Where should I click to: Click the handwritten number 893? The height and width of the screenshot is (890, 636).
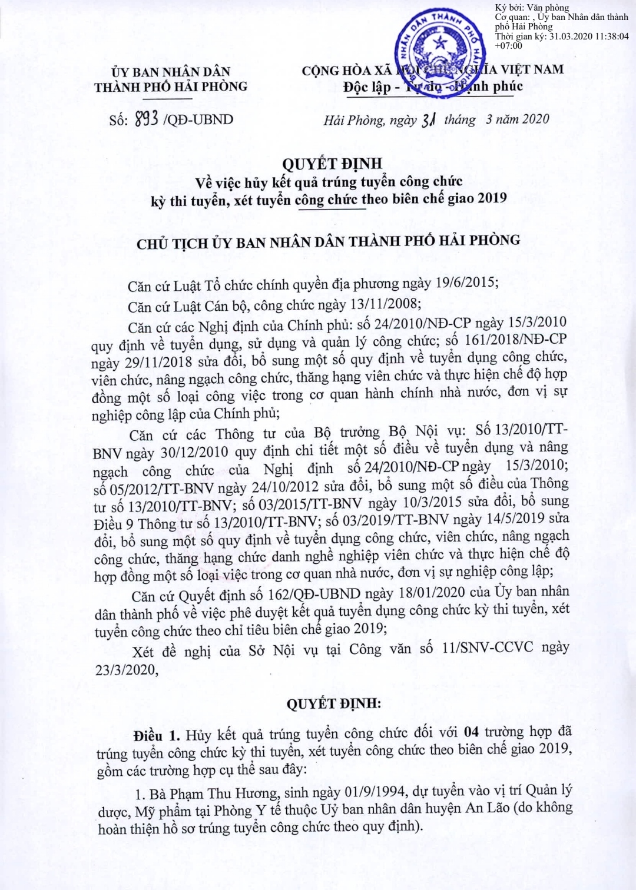point(147,119)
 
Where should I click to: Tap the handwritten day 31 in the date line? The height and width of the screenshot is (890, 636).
point(428,120)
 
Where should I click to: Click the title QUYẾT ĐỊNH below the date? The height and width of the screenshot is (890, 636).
point(332,164)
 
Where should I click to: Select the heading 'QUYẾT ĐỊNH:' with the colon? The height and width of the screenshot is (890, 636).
point(333,704)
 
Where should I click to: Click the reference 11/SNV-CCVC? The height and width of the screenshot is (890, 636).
point(488,647)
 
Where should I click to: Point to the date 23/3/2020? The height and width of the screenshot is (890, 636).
point(127,670)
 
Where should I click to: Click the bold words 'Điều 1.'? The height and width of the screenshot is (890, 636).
point(157,736)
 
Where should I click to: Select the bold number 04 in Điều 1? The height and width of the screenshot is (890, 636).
point(471,732)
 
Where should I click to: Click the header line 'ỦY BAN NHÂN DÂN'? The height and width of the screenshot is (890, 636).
point(171,72)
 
